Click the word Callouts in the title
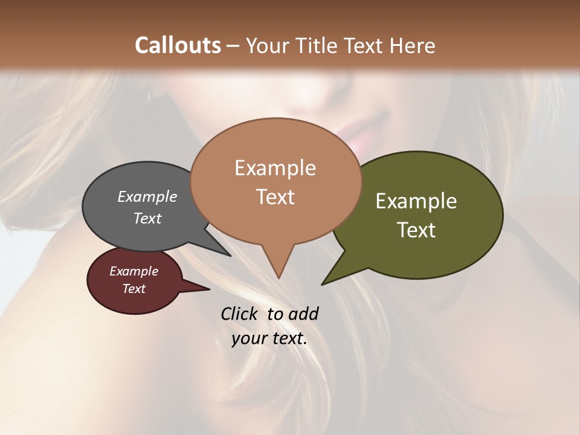[x=178, y=45]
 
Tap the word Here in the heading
[x=411, y=45]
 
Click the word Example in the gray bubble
[x=147, y=196]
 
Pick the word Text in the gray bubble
[x=147, y=218]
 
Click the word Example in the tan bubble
[x=275, y=168]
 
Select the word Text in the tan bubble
[x=275, y=197]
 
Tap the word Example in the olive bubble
[x=416, y=201]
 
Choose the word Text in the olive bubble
[x=416, y=230]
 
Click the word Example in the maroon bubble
[x=134, y=271]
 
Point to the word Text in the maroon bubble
[x=134, y=289]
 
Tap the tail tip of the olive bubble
[x=324, y=283]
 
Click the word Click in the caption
[x=239, y=314]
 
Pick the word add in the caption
[x=303, y=314]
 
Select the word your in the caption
[x=248, y=338]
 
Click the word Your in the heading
[x=266, y=45]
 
